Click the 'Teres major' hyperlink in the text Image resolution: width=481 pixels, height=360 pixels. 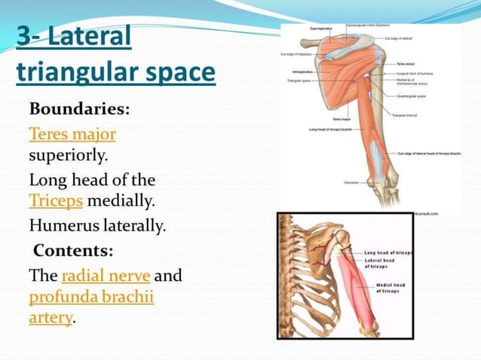click(72, 134)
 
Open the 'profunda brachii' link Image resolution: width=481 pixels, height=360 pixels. click(91, 297)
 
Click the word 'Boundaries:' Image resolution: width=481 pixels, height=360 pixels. click(79, 108)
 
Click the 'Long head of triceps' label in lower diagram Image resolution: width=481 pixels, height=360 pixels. click(387, 253)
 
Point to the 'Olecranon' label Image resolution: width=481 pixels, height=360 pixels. click(351, 182)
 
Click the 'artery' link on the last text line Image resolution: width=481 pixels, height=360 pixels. click(51, 318)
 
